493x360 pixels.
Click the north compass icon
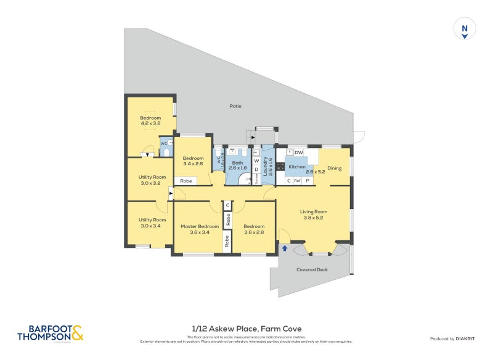[465, 29]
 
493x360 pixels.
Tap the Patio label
[235, 106]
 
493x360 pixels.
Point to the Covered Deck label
[312, 269]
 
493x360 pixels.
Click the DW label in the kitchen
[298, 152]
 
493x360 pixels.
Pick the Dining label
[335, 167]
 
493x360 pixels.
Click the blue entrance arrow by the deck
[285, 248]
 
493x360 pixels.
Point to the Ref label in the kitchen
[297, 181]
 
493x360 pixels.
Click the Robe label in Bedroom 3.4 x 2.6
[185, 181]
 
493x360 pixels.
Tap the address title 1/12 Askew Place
[246, 329]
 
